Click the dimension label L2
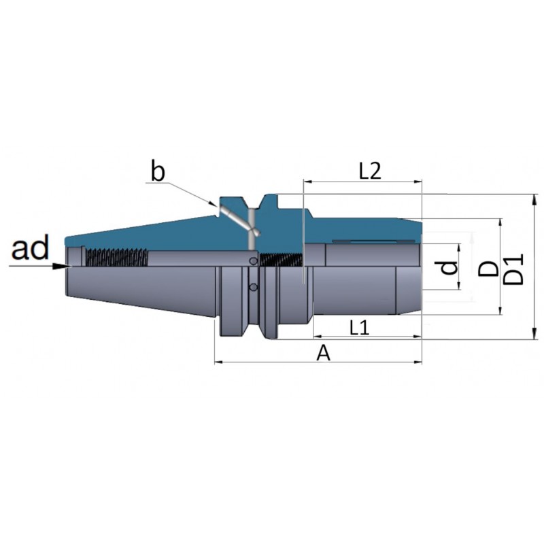(370, 171)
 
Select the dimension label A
(324, 354)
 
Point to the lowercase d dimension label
(450, 267)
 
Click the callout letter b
(158, 171)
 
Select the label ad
(30, 248)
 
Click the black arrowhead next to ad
(62, 266)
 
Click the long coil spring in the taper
(116, 258)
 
